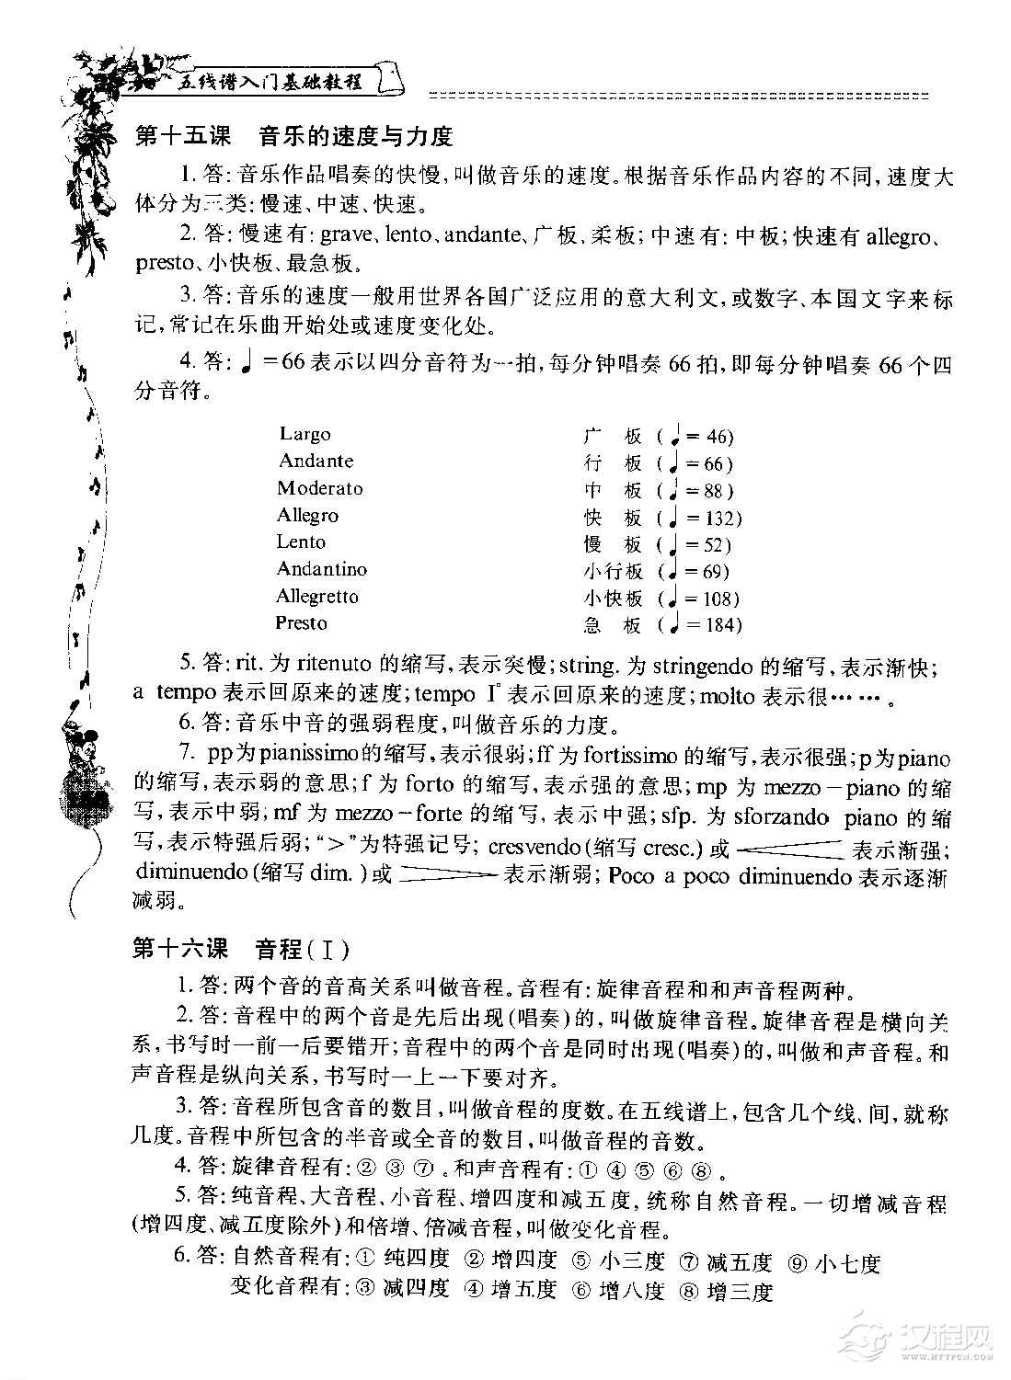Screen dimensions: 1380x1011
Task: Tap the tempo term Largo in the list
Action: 305,434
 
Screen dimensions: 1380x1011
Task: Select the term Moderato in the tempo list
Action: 320,488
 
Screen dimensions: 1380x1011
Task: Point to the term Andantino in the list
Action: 322,569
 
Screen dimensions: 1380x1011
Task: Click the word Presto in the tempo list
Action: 301,623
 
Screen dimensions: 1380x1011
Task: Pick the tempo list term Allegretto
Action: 317,597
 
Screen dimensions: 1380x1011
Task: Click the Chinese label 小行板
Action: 613,572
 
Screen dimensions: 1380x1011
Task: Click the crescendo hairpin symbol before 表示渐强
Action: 790,847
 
